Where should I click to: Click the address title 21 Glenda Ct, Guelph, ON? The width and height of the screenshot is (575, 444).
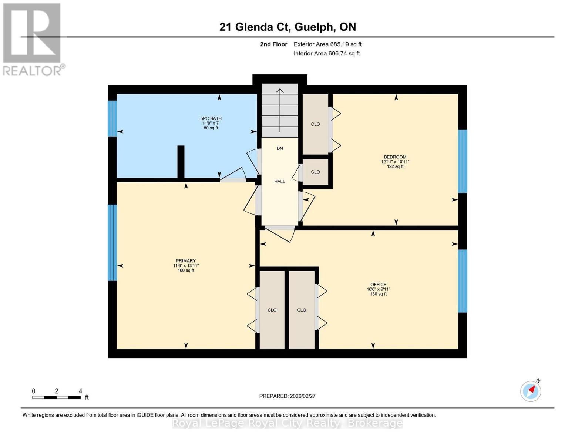click(x=287, y=27)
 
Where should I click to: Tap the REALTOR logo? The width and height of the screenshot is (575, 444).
click(x=33, y=39)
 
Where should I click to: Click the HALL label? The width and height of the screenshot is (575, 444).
click(x=280, y=181)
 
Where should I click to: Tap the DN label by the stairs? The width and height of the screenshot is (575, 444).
click(x=280, y=148)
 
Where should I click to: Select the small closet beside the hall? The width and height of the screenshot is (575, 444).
click(x=315, y=172)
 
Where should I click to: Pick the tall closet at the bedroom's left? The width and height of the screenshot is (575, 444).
click(x=315, y=124)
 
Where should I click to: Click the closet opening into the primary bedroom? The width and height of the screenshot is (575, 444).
click(x=272, y=310)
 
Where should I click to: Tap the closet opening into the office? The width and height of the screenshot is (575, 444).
click(x=302, y=310)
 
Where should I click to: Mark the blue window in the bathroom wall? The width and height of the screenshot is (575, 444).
click(x=112, y=118)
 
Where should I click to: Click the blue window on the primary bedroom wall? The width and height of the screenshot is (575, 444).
click(x=112, y=242)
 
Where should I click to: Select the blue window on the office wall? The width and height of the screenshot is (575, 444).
click(x=463, y=281)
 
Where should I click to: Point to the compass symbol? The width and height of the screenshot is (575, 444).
click(x=531, y=391)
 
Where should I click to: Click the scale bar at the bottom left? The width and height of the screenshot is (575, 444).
click(x=56, y=397)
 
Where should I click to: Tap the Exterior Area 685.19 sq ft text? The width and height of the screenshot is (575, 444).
click(x=327, y=44)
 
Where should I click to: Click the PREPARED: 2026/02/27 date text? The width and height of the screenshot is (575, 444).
click(x=287, y=396)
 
